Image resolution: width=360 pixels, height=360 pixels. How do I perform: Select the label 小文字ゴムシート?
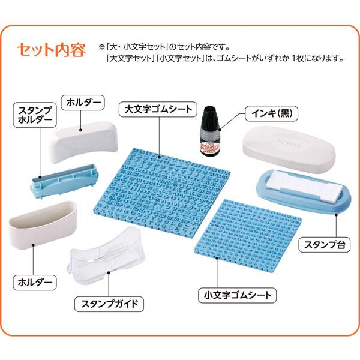point(236,295)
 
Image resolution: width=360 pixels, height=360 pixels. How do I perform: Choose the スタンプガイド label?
point(110,304)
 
